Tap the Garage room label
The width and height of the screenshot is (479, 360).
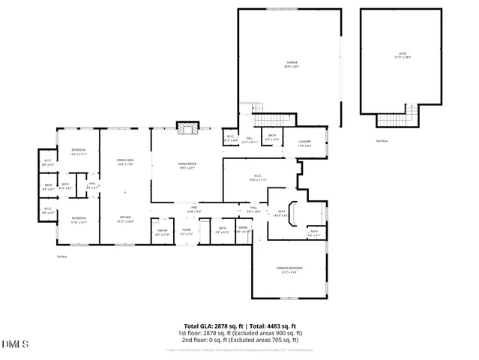pyautogui.click(x=291, y=64)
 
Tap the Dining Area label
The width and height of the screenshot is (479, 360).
pyautogui.click(x=124, y=162)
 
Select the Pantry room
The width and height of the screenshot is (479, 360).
pyautogui.click(x=162, y=232)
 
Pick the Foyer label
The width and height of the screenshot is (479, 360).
pyautogui.click(x=186, y=232)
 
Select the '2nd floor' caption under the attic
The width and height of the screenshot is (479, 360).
pyautogui.click(x=382, y=140)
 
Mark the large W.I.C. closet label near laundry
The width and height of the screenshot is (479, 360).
pyautogui.click(x=257, y=178)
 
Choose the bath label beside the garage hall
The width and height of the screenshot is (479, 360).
pyautogui.click(x=272, y=137)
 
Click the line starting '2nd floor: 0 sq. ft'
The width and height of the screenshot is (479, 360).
pyautogui.click(x=239, y=338)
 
